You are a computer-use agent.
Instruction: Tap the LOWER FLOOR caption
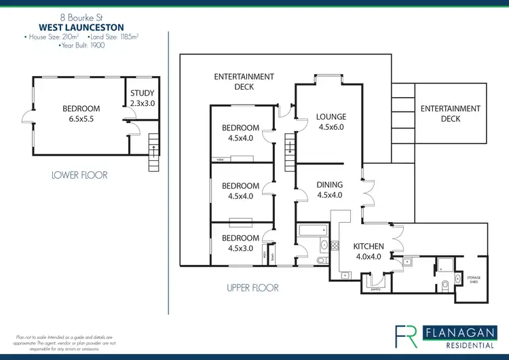pos(79,175)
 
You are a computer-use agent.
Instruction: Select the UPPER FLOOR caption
pos(252,288)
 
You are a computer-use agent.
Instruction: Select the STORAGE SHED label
pos(473,279)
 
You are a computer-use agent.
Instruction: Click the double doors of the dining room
pos(368,195)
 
